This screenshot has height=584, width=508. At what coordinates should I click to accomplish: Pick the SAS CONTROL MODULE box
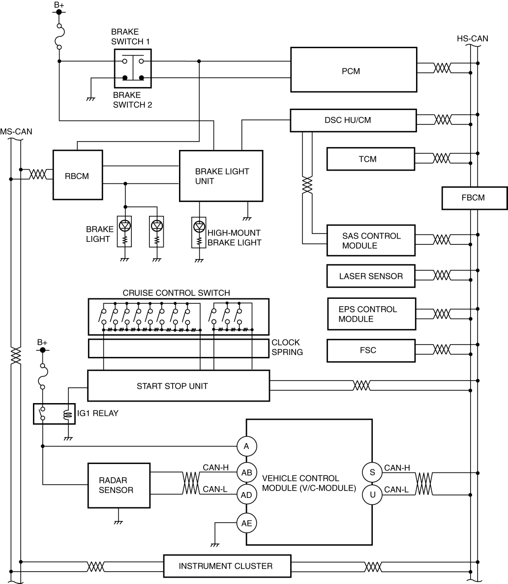[371, 240]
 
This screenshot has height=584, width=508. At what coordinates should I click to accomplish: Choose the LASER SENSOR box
[371, 276]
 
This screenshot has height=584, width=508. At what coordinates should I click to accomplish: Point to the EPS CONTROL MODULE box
[371, 314]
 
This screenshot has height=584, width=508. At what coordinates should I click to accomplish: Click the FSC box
[371, 350]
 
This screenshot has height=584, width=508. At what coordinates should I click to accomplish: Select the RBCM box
[78, 175]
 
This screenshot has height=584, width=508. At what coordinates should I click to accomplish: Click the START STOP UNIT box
[178, 386]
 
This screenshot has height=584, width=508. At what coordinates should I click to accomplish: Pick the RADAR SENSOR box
[119, 485]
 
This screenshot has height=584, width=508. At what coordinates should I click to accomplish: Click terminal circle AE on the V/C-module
[246, 524]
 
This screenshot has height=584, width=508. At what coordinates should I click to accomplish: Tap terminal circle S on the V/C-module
[372, 472]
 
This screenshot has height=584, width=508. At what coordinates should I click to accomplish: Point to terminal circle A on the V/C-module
[246, 446]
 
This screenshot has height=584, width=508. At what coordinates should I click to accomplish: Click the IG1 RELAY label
[98, 413]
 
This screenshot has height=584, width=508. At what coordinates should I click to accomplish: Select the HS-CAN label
[472, 39]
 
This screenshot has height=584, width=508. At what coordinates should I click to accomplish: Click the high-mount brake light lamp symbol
[199, 227]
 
